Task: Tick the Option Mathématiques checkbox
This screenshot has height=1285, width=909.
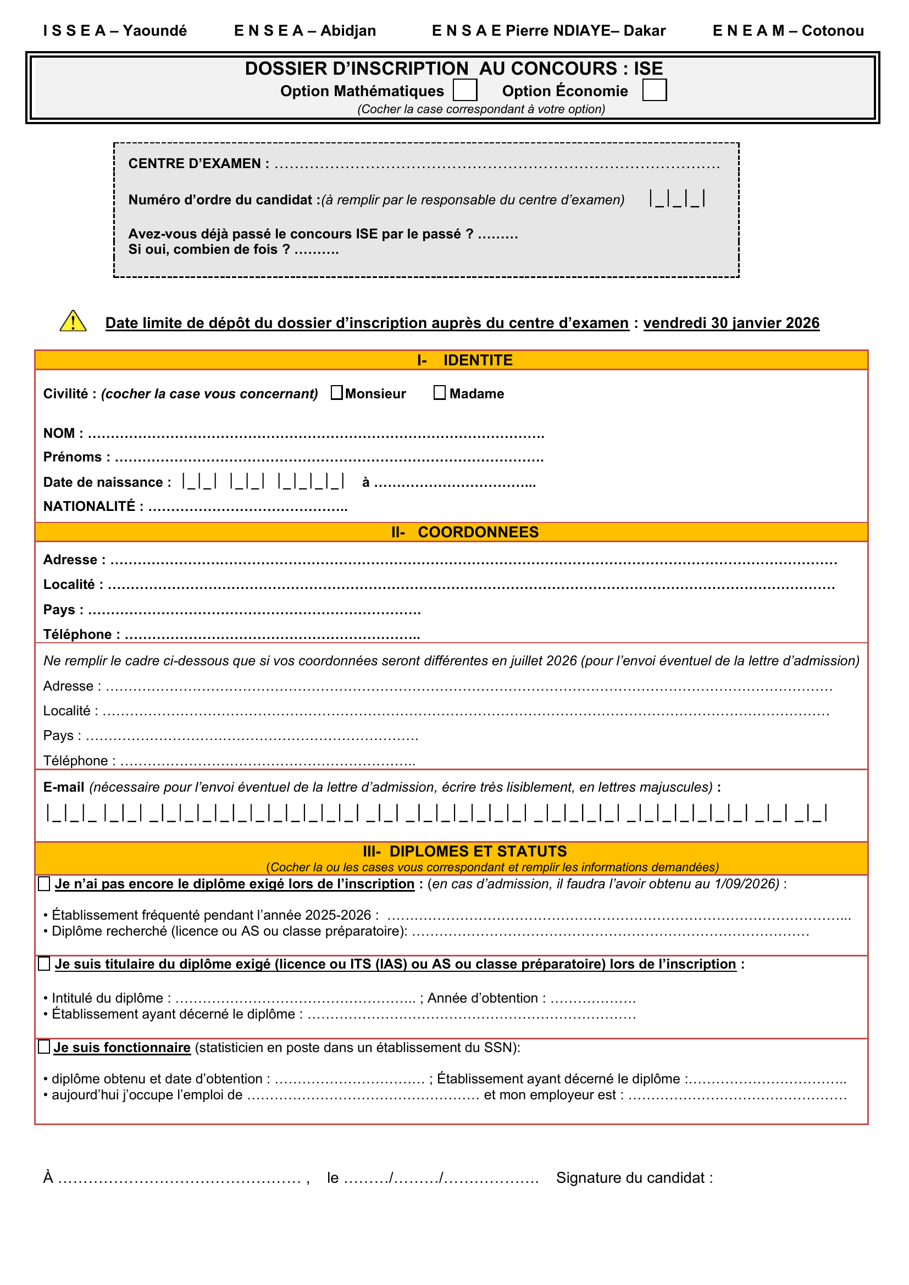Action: coord(464,90)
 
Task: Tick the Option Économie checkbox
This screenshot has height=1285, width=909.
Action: coord(655,90)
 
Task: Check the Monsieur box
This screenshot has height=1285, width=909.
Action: coord(336,393)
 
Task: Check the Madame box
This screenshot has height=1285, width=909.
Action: coord(440,393)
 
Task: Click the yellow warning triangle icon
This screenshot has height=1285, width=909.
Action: coord(73,321)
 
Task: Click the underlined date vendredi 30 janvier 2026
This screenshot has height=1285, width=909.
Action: coord(731,323)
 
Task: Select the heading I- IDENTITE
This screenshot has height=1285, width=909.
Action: coord(464,360)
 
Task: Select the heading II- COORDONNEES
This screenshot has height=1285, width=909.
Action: coord(464,532)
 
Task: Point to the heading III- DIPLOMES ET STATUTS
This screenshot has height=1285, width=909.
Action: coord(464,851)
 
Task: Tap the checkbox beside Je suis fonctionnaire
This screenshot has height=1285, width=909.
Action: coord(44,1047)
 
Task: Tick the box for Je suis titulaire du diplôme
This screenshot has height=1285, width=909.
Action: coord(44,964)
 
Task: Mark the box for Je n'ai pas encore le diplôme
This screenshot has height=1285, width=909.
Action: coord(44,884)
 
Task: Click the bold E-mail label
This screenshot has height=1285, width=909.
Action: coord(63,787)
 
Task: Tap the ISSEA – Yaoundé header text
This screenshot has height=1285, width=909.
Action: coord(115,31)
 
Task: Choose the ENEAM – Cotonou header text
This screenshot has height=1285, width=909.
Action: coord(788,31)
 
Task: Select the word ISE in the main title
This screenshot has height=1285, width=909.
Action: coord(648,69)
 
